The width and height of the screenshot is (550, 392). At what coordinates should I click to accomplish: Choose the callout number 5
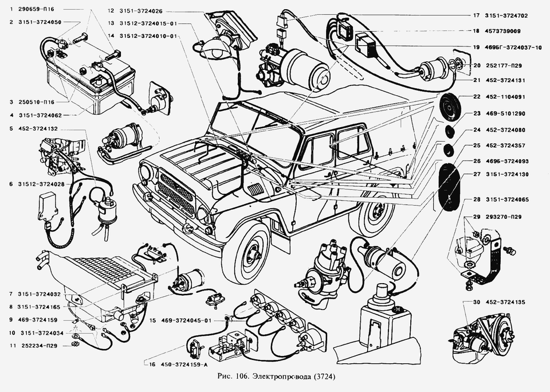11,128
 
